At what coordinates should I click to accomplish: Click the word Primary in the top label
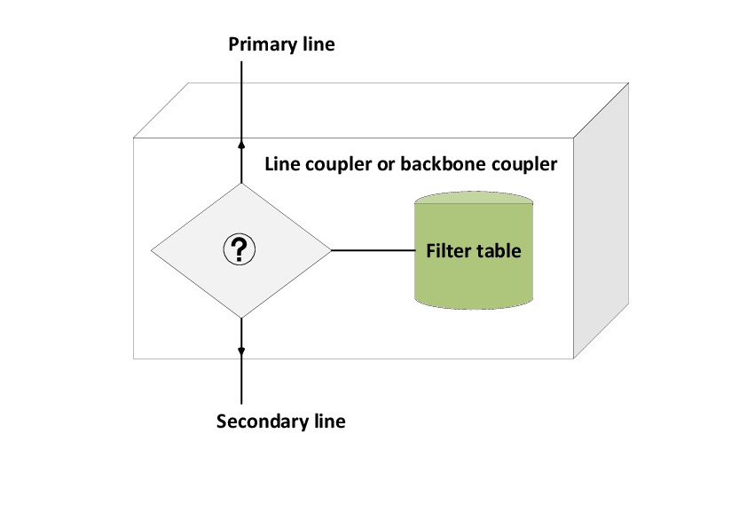(258, 43)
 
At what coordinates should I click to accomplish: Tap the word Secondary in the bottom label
(260, 421)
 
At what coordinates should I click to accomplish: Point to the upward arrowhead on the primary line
(241, 142)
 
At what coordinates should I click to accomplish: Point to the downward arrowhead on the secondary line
(241, 351)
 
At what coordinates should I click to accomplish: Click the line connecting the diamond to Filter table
(373, 251)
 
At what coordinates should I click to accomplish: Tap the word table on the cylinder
(497, 250)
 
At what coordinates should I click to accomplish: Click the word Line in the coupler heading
(282, 165)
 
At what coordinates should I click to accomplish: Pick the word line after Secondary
(326, 421)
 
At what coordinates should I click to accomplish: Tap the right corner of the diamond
(330, 251)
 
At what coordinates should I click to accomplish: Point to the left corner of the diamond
(152, 251)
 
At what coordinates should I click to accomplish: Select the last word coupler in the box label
(523, 165)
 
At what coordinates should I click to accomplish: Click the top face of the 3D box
(381, 110)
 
